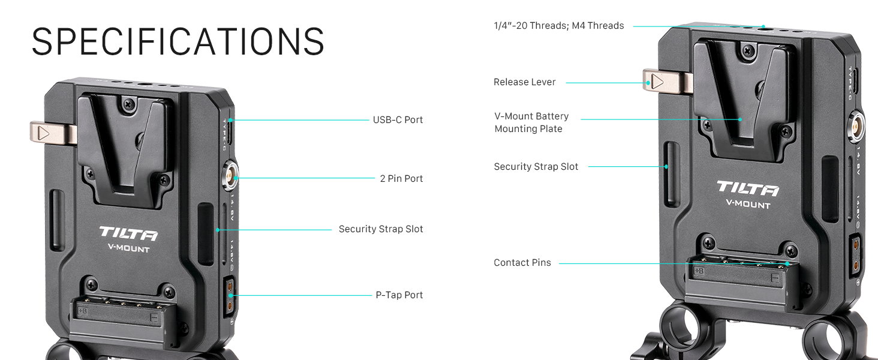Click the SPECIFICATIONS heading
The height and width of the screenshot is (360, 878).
coord(178,41)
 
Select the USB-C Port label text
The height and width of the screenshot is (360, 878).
coord(398,120)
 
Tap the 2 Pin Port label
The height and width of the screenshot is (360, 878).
coord(401,179)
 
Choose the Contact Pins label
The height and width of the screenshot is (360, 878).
coord(522,263)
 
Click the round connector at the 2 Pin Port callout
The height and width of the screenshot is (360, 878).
coord(231,178)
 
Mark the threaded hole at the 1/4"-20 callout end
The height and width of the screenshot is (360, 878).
coord(763,27)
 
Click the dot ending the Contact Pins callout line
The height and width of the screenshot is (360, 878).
coord(787,263)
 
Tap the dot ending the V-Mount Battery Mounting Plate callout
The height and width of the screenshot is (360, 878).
coord(741,119)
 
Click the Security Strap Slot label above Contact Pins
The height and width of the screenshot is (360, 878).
coord(536,167)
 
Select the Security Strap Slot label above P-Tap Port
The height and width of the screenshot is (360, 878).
coord(381,229)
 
